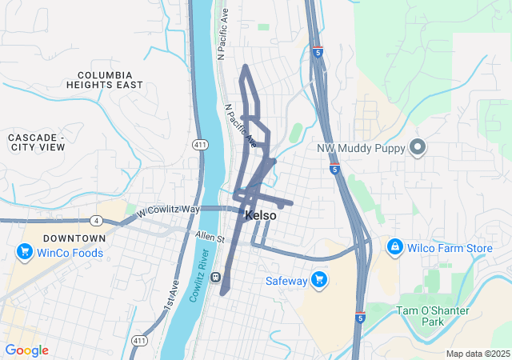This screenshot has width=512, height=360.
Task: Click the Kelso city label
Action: pyautogui.click(x=261, y=216)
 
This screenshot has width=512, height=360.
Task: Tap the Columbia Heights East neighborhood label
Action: pyautogui.click(x=105, y=79)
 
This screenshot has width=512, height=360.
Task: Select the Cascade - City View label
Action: pyautogui.click(x=36, y=142)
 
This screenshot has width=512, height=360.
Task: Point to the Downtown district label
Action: pyautogui.click(x=74, y=238)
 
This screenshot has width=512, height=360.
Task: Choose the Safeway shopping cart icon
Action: pyautogui.click(x=320, y=280)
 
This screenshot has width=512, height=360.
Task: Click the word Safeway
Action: pyautogui.click(x=286, y=281)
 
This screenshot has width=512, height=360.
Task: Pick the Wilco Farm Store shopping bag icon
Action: pyautogui.click(x=394, y=248)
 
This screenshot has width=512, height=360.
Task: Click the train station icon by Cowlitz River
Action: pyautogui.click(x=216, y=278)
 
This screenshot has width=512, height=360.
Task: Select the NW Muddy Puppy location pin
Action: pyautogui.click(x=417, y=147)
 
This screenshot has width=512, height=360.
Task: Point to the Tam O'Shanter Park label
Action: pyautogui.click(x=432, y=315)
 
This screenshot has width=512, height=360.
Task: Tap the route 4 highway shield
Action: pyautogui.click(x=97, y=221)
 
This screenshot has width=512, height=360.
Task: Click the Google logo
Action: pyautogui.click(x=26, y=350)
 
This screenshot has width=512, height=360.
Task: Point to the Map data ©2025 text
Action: pyautogui.click(x=478, y=354)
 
